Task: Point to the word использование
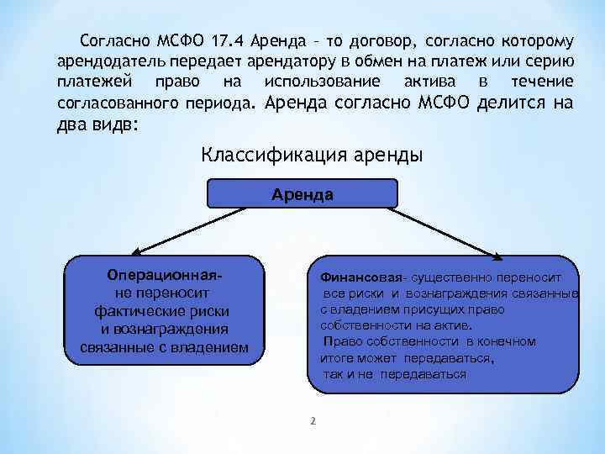click(x=322, y=82)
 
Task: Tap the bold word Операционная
click(x=165, y=276)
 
